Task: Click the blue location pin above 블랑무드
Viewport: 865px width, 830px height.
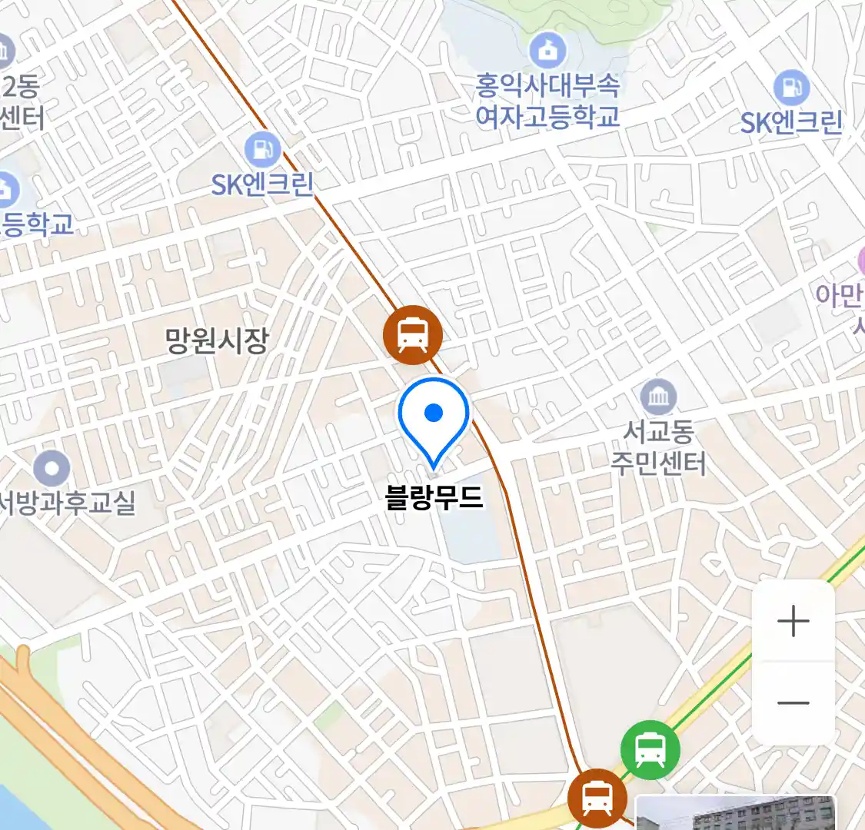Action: click(x=434, y=416)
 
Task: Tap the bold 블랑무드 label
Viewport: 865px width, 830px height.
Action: click(x=434, y=497)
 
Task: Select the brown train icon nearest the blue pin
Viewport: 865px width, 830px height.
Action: click(x=413, y=334)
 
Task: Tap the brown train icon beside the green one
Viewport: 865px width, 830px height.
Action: click(x=597, y=797)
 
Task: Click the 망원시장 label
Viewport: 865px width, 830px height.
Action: click(x=217, y=340)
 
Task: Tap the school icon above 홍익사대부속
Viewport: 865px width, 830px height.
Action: click(x=547, y=51)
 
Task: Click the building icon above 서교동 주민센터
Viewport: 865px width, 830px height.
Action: click(x=658, y=397)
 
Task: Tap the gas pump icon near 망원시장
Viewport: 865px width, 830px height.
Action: click(x=262, y=148)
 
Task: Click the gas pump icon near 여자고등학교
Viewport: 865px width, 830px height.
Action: click(x=791, y=88)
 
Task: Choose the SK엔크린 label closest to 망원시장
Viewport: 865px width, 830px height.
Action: click(x=262, y=184)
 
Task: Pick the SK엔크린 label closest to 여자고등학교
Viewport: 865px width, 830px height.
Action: click(x=791, y=123)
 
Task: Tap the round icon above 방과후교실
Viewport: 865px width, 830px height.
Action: click(x=52, y=467)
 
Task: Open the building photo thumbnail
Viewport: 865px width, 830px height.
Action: click(x=735, y=812)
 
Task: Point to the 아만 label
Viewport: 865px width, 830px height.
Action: click(x=840, y=295)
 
